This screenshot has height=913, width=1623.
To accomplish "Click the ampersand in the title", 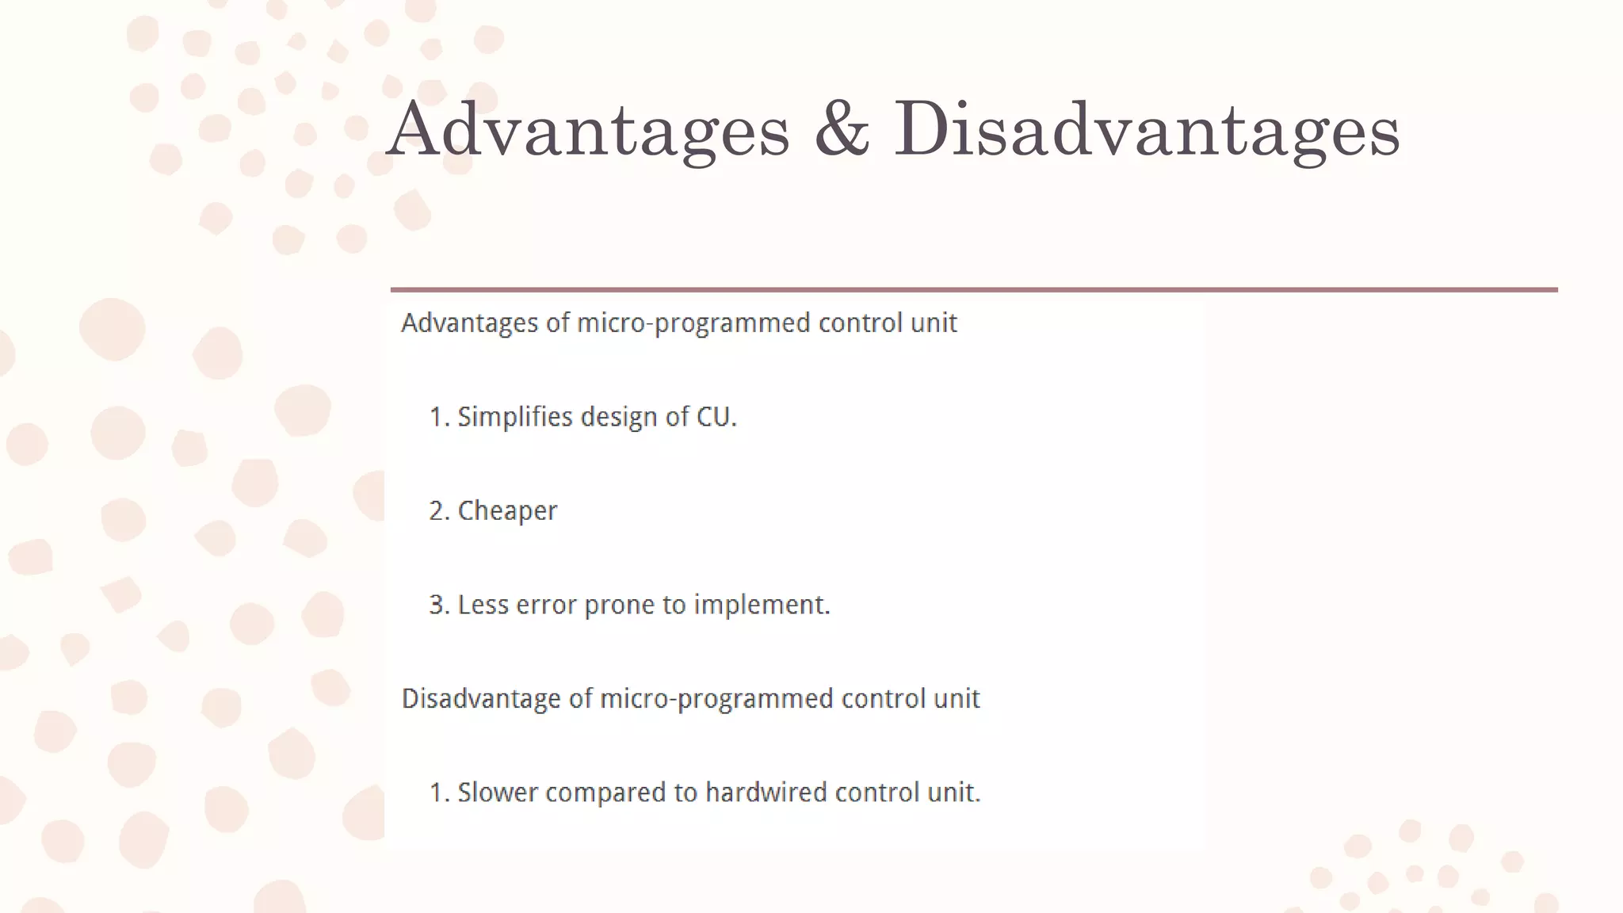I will coord(842,130).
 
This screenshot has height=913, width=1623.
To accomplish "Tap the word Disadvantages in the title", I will coord(1147,130).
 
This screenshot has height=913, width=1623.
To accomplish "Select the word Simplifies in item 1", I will coord(515,417).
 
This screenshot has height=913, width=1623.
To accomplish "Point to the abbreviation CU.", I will coord(716,417).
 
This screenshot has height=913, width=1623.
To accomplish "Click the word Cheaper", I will coord(507,511).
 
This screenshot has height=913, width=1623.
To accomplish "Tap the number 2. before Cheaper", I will coord(439,511).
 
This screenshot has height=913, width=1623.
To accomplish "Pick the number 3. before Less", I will coord(439,605).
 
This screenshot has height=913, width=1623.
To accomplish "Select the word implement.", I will coord(762,605).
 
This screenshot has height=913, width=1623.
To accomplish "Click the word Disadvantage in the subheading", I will coord(482,699).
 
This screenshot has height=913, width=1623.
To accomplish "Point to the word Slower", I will coord(498,793).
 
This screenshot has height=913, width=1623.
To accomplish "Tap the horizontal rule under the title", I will coord(974,290).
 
